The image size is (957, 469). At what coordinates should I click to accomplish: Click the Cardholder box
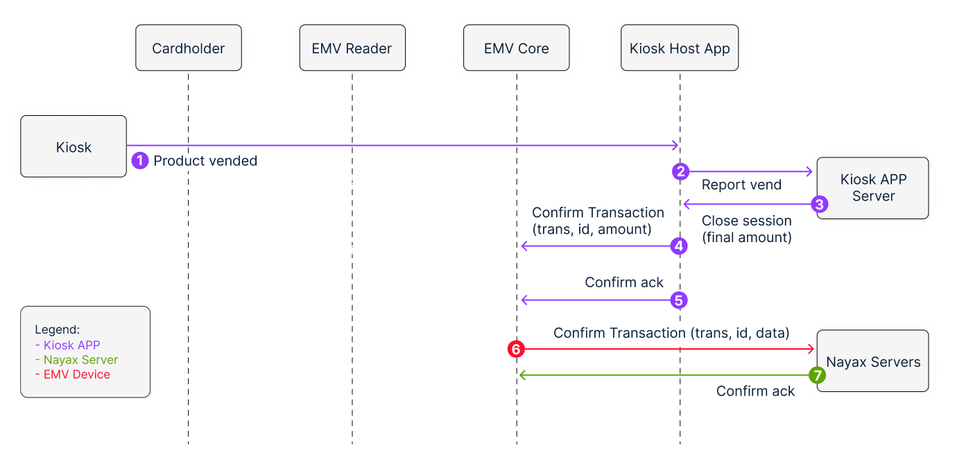[189, 48]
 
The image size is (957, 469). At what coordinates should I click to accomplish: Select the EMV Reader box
[352, 48]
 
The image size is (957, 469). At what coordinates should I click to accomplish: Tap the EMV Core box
[517, 48]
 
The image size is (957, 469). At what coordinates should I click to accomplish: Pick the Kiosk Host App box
[680, 48]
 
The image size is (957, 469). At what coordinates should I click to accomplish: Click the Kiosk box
[74, 146]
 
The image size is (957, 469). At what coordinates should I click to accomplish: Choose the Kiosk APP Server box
[873, 188]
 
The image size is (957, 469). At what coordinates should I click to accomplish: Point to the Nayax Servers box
[873, 361]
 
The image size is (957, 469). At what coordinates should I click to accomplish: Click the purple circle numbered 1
[139, 161]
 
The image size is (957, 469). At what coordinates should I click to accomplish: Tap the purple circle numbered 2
[680, 171]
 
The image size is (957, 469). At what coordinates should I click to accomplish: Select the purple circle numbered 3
[820, 205]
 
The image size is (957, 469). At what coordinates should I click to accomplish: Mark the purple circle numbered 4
[679, 246]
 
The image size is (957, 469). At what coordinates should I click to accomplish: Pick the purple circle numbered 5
[679, 300]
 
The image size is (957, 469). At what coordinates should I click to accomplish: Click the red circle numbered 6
[516, 349]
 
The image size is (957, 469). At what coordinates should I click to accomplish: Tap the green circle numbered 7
[818, 375]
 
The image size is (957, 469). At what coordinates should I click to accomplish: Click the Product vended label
[205, 161]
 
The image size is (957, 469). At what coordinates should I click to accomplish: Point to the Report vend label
[742, 185]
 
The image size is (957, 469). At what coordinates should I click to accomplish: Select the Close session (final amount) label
[747, 229]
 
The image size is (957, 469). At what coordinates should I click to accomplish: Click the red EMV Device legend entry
[73, 375]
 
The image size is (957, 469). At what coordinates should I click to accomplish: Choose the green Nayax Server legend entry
[76, 360]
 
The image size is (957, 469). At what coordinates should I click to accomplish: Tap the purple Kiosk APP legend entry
[67, 345]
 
